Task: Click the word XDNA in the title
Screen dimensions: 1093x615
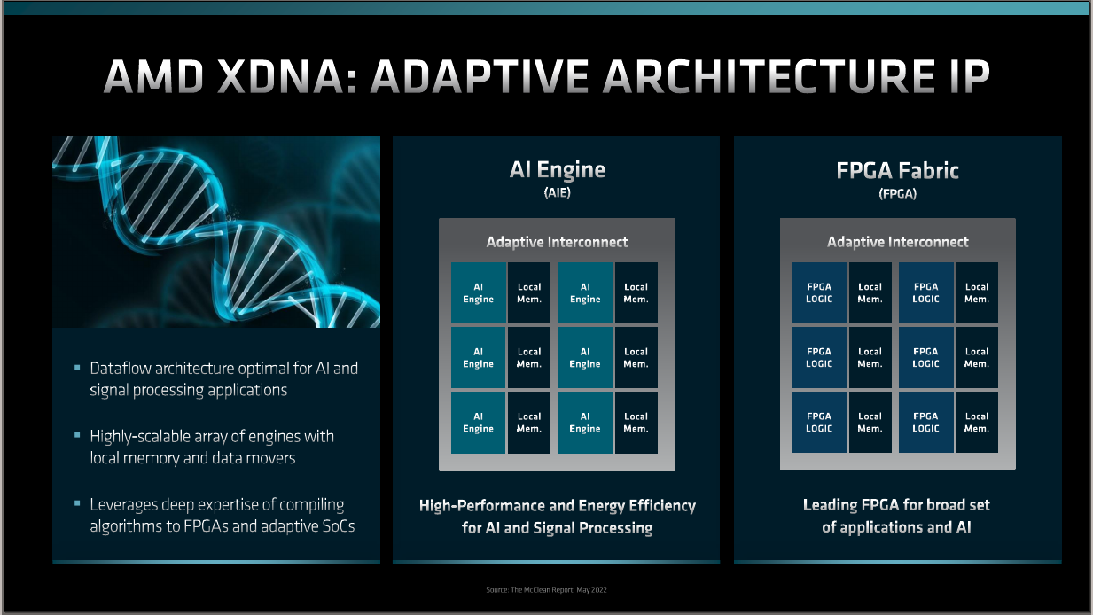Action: tap(286, 76)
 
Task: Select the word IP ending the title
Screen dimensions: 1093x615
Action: tap(963, 76)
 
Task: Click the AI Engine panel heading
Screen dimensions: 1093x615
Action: tap(558, 170)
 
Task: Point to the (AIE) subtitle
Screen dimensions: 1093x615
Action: tap(558, 192)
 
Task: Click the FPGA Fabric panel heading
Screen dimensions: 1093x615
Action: tap(897, 171)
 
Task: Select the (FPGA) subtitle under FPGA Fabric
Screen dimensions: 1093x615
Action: tap(897, 194)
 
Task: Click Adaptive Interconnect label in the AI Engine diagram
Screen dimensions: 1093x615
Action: tap(557, 242)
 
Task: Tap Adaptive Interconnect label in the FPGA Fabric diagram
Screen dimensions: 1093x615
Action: tap(897, 242)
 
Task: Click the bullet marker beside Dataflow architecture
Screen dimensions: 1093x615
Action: tap(77, 367)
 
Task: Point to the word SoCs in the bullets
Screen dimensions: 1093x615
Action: tap(339, 526)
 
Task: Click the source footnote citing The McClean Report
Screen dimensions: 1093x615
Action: tap(546, 589)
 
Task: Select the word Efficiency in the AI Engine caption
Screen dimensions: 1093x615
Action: tap(662, 506)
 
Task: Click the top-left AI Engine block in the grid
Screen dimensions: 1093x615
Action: tap(478, 292)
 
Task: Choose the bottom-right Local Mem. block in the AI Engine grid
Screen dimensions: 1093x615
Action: tap(636, 423)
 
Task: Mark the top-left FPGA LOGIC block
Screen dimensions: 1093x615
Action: tap(819, 292)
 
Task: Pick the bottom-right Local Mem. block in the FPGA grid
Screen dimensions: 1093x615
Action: tap(976, 423)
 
